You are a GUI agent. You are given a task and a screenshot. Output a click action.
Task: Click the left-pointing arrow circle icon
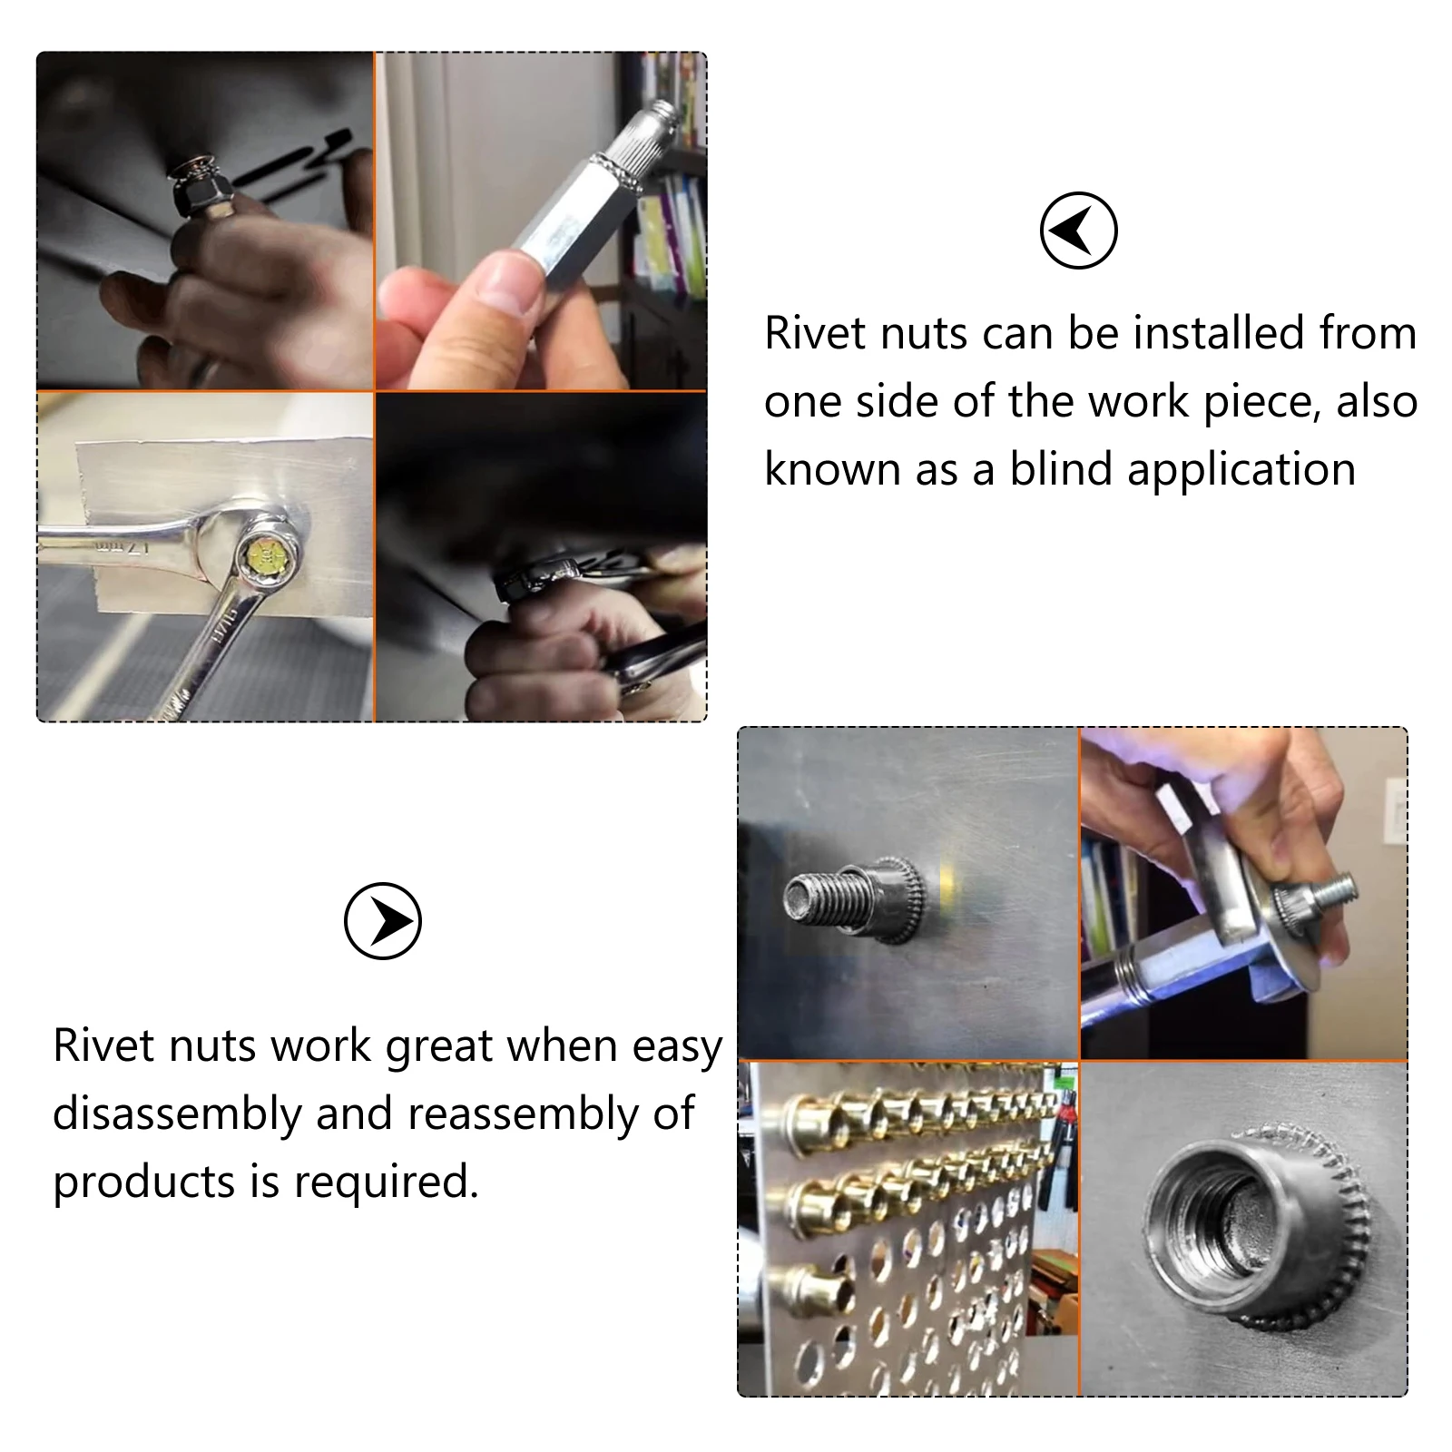pyautogui.click(x=1078, y=230)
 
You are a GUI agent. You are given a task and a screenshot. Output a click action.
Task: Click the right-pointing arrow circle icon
pyautogui.click(x=383, y=920)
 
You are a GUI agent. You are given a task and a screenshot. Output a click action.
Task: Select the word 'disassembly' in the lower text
pyautogui.click(x=177, y=1114)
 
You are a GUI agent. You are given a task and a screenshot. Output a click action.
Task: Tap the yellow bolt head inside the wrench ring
pyautogui.click(x=268, y=551)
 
